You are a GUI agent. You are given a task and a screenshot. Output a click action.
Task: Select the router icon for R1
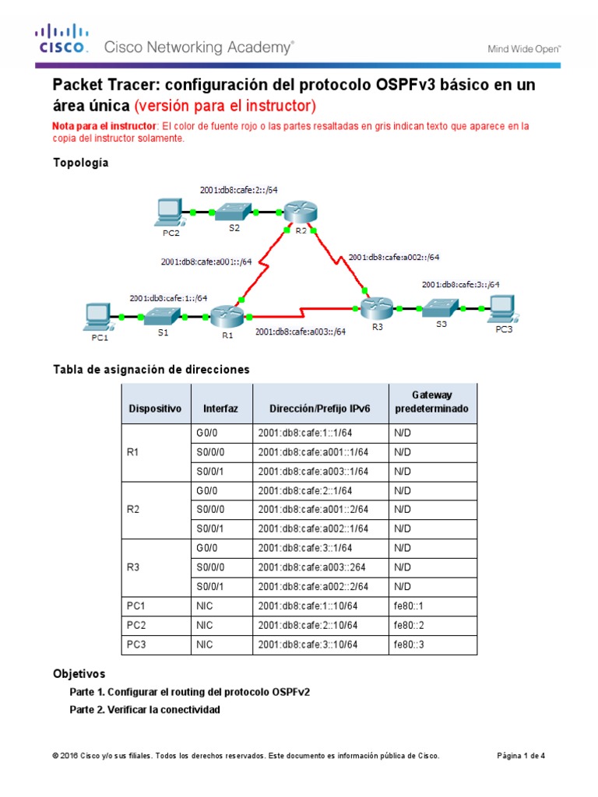tap(227, 316)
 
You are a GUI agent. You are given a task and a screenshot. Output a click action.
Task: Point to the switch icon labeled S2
tap(234, 211)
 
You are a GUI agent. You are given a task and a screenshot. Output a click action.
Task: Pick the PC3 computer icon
tap(503, 307)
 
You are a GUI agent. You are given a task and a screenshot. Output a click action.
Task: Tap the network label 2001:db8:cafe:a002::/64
tap(394, 257)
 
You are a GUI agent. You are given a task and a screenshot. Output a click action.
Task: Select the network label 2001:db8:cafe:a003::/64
tap(301, 331)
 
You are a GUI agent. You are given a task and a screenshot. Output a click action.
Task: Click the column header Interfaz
tap(220, 408)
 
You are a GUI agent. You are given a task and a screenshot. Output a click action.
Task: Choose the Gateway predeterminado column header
tap(433, 402)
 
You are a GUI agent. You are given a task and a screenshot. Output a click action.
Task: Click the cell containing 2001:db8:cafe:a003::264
tap(313, 567)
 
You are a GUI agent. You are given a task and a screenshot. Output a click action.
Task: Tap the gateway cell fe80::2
tap(409, 625)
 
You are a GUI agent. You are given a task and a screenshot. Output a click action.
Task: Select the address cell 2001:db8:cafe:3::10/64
tap(308, 644)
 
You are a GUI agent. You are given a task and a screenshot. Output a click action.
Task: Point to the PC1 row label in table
tap(136, 606)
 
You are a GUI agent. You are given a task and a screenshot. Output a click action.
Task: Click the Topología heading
tap(80, 163)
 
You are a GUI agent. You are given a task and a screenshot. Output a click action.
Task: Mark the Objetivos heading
tap(79, 673)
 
